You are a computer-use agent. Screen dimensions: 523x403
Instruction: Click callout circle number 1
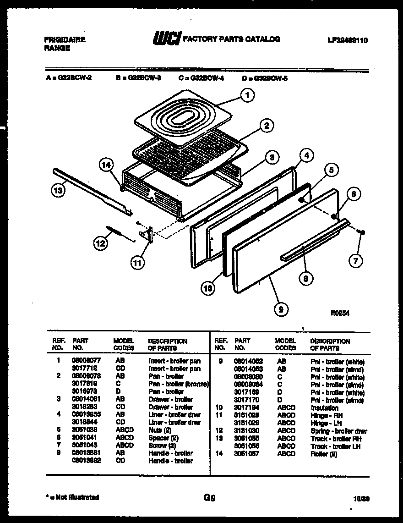coord(247,95)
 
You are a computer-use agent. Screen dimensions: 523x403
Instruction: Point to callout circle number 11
coord(136,263)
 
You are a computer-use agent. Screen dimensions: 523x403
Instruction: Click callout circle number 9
coord(281,310)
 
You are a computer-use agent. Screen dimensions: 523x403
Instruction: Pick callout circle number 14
coord(107,165)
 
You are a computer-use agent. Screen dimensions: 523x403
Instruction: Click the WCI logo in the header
coord(166,40)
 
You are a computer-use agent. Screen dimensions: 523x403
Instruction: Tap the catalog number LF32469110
coord(348,40)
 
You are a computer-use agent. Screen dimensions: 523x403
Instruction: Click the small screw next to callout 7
coord(361,232)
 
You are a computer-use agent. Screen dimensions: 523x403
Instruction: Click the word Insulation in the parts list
coord(324,408)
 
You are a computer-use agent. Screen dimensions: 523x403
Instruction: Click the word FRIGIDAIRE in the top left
coord(65,40)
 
